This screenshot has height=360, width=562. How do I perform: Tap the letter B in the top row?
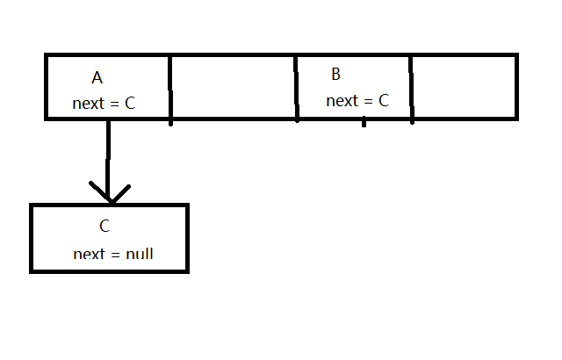[x=336, y=74]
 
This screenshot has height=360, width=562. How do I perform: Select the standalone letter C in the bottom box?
[x=104, y=226]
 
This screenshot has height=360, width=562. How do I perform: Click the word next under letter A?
[x=89, y=104]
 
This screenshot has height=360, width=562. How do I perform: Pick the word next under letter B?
[x=342, y=101]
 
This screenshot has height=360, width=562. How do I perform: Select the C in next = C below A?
[x=130, y=104]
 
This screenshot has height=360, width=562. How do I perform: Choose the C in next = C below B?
[x=383, y=101]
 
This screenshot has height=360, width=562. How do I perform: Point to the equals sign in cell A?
[x=114, y=104]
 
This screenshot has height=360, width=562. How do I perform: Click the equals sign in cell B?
[x=367, y=102]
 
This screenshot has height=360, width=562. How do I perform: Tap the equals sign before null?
[x=115, y=256]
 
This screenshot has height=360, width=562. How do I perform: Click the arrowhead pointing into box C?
[x=109, y=195]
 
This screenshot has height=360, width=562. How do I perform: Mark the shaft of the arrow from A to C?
[x=109, y=154]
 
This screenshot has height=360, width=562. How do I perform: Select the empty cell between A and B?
[x=233, y=86]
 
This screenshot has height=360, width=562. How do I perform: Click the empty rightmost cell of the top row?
[x=463, y=86]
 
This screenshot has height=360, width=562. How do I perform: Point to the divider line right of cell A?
[x=170, y=88]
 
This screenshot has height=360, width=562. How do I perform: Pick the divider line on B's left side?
[x=297, y=88]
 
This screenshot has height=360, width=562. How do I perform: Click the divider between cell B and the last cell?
[x=411, y=88]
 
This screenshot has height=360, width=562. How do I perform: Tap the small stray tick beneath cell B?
[x=364, y=123]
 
